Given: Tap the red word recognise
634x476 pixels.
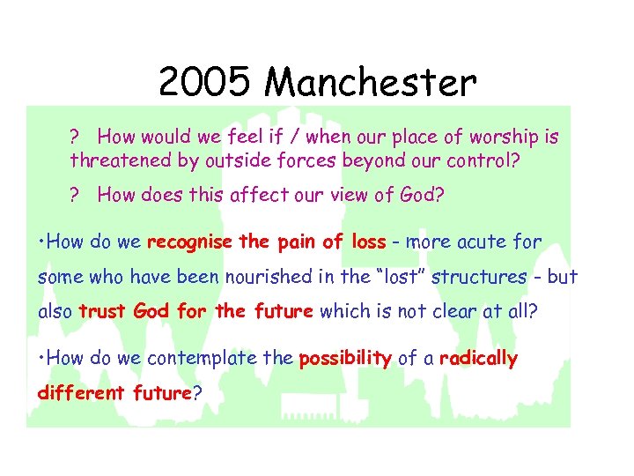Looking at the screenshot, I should (189, 242).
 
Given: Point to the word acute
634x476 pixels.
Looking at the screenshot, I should (471, 242).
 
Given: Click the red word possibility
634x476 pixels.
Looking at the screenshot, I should (345, 358).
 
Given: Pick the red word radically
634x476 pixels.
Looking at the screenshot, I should (478, 358).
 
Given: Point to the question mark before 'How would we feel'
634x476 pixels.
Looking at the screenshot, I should (76, 138).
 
